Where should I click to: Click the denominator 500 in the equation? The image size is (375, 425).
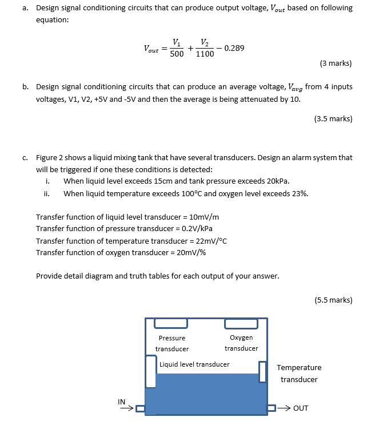click(x=177, y=54)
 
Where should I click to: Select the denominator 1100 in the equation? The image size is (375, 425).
click(x=205, y=54)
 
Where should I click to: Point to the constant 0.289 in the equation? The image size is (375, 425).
click(x=234, y=48)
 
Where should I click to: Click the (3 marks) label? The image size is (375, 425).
click(x=336, y=63)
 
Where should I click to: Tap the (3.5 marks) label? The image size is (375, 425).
click(x=333, y=119)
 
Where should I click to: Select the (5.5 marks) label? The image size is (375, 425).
click(x=333, y=299)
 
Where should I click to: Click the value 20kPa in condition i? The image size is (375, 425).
click(x=277, y=181)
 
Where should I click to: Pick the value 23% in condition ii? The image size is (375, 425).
click(x=299, y=193)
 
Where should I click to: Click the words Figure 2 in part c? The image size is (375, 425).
click(x=50, y=157)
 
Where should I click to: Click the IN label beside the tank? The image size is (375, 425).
click(x=122, y=402)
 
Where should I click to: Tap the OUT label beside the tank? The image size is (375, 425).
click(x=301, y=408)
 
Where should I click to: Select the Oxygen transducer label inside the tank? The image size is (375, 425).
click(x=241, y=343)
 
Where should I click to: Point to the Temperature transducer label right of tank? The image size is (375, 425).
click(x=299, y=373)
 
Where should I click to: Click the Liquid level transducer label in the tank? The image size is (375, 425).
click(x=194, y=364)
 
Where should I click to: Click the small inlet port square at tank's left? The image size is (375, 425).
click(x=140, y=408)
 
